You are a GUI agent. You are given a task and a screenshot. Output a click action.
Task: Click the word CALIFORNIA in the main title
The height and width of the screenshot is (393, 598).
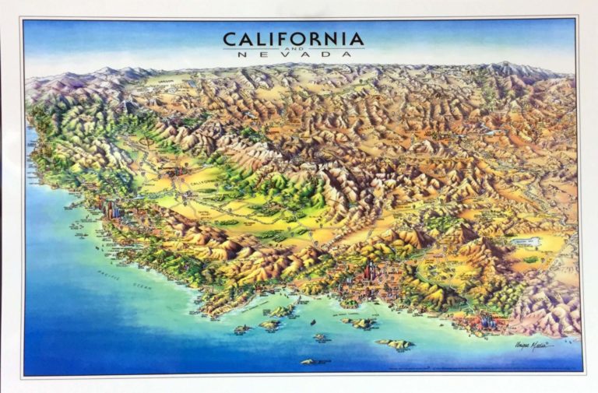[293, 38]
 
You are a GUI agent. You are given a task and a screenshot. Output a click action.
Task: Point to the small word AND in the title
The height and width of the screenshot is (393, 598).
[293, 47]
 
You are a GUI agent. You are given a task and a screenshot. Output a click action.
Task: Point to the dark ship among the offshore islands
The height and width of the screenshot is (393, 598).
[313, 321]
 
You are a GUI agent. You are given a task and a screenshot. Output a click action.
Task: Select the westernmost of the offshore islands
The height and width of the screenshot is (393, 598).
[241, 330]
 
